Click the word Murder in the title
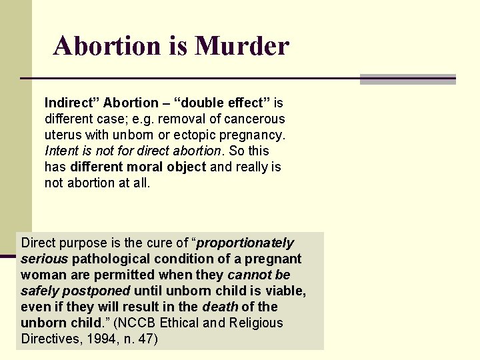click(242, 45)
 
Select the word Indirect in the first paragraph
click(68, 103)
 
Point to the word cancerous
click(257, 119)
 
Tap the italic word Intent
click(61, 151)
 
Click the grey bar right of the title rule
click(407, 79)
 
